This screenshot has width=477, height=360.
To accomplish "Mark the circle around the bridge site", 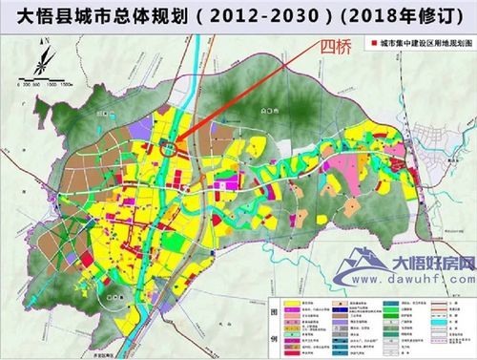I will click(x=169, y=146).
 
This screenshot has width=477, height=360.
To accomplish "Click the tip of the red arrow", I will click(x=175, y=142).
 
